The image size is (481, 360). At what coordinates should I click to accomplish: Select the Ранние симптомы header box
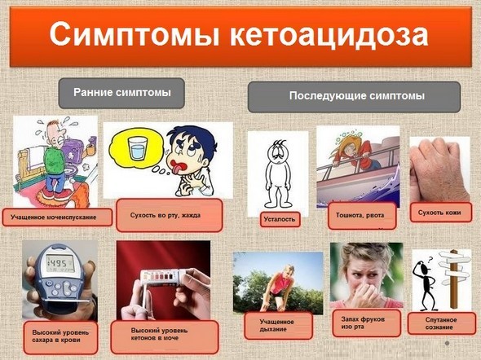pos(121,93)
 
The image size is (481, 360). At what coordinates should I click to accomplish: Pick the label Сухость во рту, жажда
pos(170,216)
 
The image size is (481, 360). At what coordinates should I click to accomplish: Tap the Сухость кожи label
pos(439,213)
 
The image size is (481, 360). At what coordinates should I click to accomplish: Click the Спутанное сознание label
pos(439,323)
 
